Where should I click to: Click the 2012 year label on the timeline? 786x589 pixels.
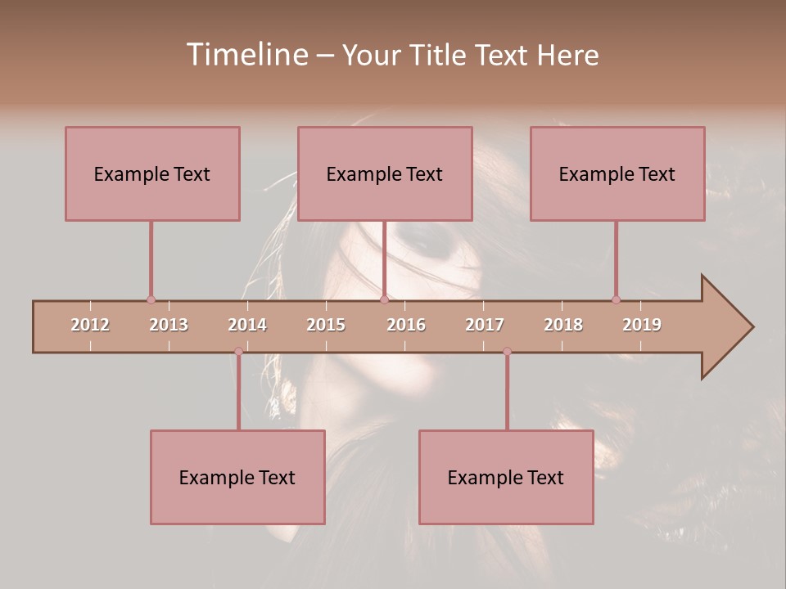point(90,325)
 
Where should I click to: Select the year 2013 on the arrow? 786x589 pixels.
point(169,325)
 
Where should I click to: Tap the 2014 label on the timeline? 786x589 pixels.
point(247,325)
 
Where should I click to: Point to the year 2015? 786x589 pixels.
point(326,325)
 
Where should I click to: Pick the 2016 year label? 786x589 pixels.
point(406,325)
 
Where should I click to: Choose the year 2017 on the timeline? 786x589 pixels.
point(485,325)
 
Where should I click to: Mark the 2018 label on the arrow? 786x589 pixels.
point(563,325)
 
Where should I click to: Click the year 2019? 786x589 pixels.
point(642,325)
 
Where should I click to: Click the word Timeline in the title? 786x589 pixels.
point(246,55)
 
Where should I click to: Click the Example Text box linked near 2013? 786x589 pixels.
point(152,173)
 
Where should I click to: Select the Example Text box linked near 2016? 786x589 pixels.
point(385,173)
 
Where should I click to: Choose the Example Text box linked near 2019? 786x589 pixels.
point(617,173)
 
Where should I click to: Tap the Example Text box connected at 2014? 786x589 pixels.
point(237,477)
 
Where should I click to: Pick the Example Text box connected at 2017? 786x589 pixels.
point(506,477)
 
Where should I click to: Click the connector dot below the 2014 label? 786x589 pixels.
point(238,351)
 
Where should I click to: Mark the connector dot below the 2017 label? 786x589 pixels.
point(507,351)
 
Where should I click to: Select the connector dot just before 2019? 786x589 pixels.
point(616,299)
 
